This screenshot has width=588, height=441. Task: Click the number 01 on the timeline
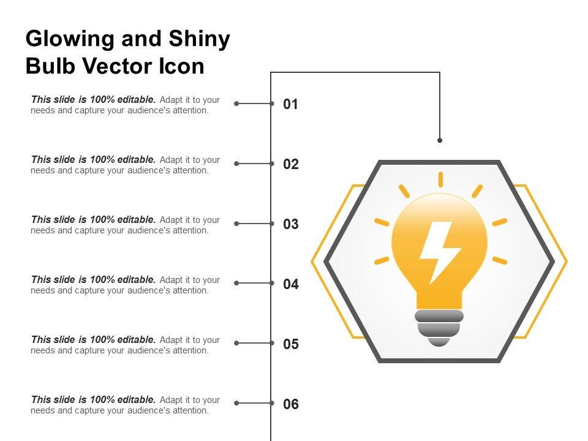[290, 105]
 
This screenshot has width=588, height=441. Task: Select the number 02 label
[290, 165]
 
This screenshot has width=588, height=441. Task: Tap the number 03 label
[290, 225]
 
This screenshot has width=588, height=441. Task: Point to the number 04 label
[290, 285]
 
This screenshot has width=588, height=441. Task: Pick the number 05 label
[290, 345]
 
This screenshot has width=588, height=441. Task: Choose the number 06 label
[290, 405]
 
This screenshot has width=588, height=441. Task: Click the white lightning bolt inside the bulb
[439, 251]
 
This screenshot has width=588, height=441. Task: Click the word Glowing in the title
[70, 40]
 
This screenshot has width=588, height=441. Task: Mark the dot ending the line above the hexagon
[440, 140]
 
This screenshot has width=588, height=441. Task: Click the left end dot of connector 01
[236, 104]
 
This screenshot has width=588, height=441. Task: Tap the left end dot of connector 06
[236, 403]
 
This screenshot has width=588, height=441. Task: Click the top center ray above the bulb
[440, 179]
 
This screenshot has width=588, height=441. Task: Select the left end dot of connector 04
[236, 283]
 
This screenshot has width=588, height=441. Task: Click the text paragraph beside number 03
[125, 225]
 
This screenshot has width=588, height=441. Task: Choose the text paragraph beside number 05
[125, 345]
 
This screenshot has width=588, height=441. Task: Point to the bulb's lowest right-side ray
[500, 260]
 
